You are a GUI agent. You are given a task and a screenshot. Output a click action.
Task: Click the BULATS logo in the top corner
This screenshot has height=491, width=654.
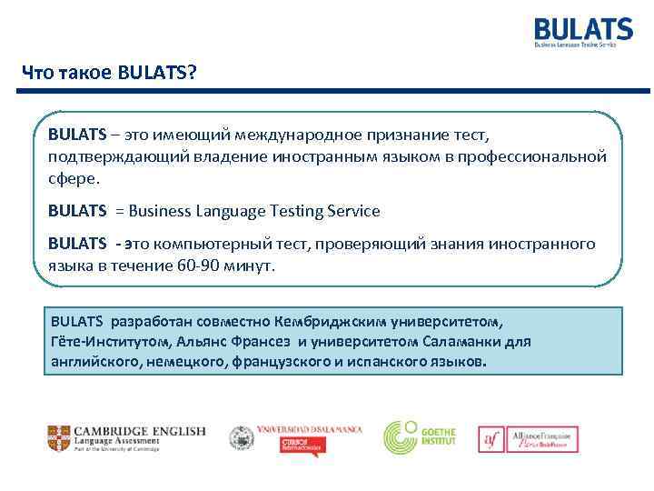coord(583,31)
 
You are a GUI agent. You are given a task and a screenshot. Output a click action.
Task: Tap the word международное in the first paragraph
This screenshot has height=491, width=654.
coord(296,135)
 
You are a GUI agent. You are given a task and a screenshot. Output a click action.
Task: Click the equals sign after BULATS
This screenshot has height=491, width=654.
coord(119,211)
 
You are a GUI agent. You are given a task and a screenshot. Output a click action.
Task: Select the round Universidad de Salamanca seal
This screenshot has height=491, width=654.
coord(242,438)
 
